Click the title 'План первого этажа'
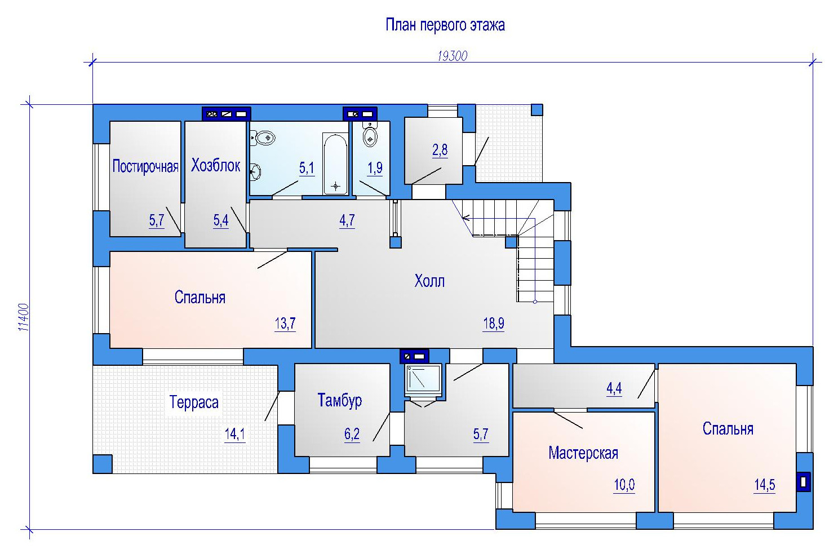tap(445, 25)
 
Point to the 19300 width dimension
tap(453, 56)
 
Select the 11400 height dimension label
tap(24, 317)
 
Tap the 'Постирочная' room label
tap(145, 166)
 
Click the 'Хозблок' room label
tap(215, 165)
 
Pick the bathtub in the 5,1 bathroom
tap(335, 165)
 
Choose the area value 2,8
tap(440, 150)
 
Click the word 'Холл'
tap(429, 281)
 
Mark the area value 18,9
tap(494, 324)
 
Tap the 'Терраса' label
tap(194, 402)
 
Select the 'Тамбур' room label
tap(340, 400)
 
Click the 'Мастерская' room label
tap(583, 453)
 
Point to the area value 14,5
tap(764, 485)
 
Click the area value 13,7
tap(285, 324)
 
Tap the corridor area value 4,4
tap(614, 388)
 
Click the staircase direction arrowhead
tap(465, 218)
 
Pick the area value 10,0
tap(624, 485)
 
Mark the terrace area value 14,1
tap(234, 434)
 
